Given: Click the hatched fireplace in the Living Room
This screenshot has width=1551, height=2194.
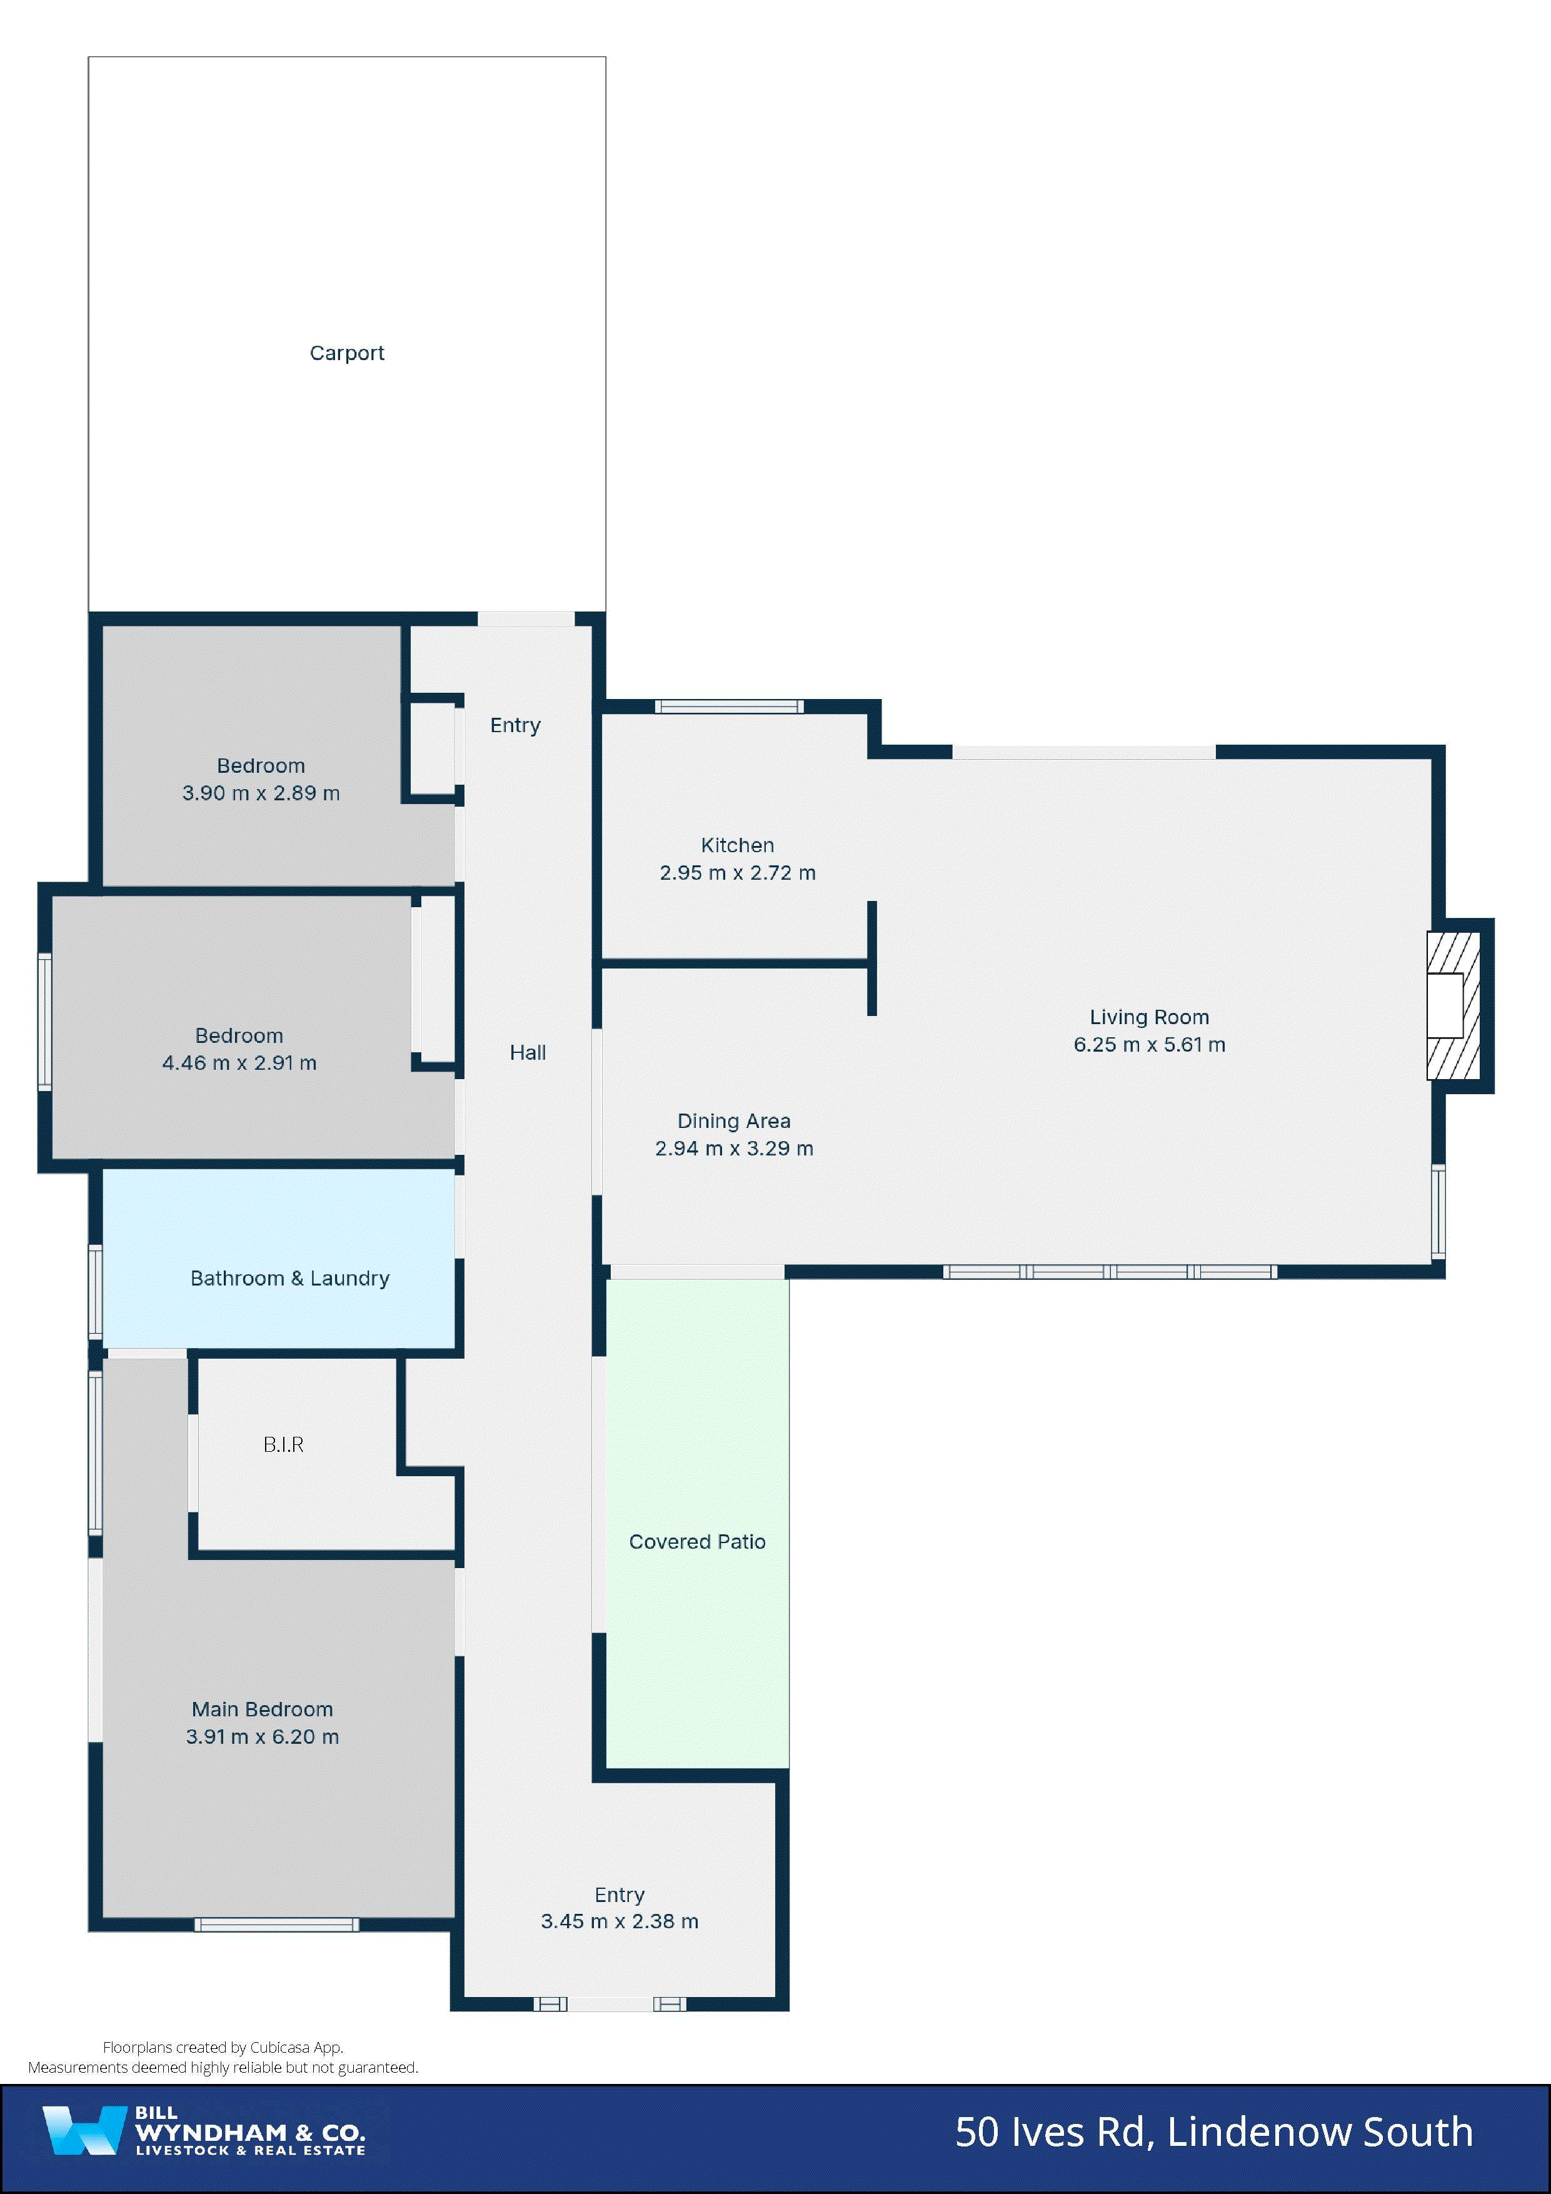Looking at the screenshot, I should [1453, 1005].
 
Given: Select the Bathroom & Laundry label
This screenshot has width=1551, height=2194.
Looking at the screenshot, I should [289, 1279].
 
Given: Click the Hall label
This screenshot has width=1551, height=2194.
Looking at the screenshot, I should [528, 1053].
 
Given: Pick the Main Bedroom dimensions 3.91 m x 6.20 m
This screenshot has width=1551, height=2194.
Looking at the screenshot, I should [262, 1737].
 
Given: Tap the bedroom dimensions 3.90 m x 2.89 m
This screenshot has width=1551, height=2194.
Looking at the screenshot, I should [261, 793].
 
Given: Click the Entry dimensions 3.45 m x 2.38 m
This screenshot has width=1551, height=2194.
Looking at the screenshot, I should [620, 1921].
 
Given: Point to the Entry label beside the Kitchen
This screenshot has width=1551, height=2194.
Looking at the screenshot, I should [515, 725].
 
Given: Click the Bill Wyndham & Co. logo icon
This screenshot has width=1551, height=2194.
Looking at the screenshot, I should [84, 2130].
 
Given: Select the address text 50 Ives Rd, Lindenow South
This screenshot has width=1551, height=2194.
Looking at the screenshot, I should [1213, 2132].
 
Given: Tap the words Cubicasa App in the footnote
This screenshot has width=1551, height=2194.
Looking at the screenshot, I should [296, 2048].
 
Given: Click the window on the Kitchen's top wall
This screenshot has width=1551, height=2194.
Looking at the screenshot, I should [728, 707].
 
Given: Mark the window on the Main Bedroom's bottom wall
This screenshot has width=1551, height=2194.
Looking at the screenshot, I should [276, 1925].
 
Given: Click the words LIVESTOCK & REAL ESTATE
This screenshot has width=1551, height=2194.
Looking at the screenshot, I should [251, 2150].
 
